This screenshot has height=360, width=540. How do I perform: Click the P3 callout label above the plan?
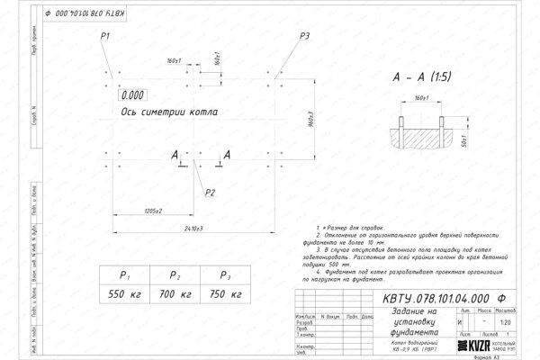point(305,35)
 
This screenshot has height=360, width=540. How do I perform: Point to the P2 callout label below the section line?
point(210,192)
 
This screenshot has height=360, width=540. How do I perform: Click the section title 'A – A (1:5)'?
point(422,77)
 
